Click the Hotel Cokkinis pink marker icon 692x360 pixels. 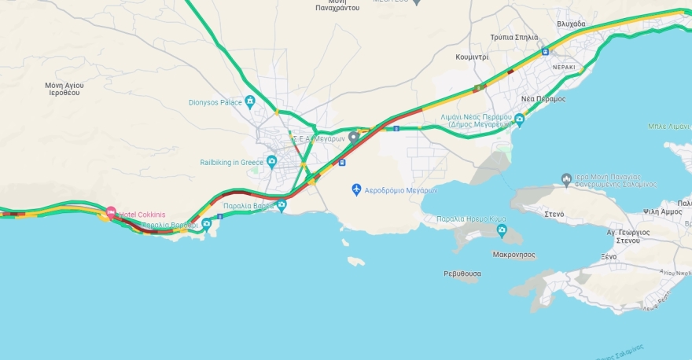pyautogui.click(x=111, y=213)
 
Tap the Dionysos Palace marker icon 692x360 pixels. pyautogui.click(x=250, y=101)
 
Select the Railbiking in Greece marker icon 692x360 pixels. pyautogui.click(x=271, y=162)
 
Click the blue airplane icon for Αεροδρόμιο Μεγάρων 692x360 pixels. pyautogui.click(x=357, y=190)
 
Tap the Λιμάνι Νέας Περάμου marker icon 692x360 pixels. pyautogui.click(x=519, y=120)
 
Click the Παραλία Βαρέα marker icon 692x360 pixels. pyautogui.click(x=282, y=206)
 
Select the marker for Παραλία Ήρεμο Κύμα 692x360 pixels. pyautogui.click(x=502, y=230)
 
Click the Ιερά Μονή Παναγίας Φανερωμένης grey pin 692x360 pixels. pyautogui.click(x=566, y=179)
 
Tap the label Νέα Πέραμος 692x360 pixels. pyautogui.click(x=543, y=98)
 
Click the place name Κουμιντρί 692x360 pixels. pyautogui.click(x=472, y=57)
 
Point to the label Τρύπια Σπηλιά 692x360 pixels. pyautogui.click(x=513, y=37)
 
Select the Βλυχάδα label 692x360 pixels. pyautogui.click(x=571, y=24)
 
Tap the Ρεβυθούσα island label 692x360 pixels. pyautogui.click(x=462, y=274)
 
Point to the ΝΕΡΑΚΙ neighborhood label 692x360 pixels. pyautogui.click(x=563, y=68)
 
